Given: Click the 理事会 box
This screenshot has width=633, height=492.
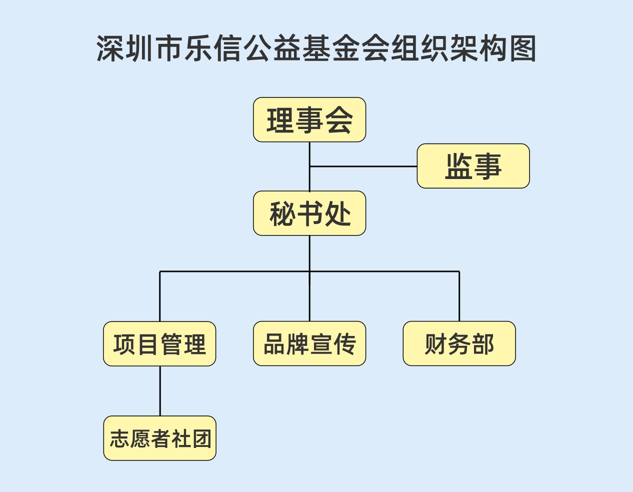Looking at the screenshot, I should (309, 120).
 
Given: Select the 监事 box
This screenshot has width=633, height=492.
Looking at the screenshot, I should (473, 166).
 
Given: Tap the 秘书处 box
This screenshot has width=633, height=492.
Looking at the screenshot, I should (309, 213).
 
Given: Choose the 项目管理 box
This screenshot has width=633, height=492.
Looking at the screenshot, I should (159, 344).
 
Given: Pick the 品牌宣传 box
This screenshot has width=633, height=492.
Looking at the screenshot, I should (309, 344).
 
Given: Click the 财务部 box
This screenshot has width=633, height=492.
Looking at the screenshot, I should (459, 344).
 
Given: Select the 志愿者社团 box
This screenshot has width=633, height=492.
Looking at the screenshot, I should (160, 438).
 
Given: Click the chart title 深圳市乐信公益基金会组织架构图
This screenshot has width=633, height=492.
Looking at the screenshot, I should (316, 48).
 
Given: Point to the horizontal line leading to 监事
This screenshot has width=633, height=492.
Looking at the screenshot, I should (363, 166).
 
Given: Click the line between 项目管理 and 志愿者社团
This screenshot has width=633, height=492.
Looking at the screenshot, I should (160, 391).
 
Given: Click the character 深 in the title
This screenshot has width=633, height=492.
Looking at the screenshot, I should (110, 48).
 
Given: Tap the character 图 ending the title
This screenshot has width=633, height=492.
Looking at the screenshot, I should (522, 48).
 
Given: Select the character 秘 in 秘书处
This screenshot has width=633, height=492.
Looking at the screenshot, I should (281, 214).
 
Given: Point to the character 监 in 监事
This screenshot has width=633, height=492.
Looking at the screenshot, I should (458, 166).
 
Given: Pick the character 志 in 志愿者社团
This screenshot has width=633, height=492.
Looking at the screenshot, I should (120, 439).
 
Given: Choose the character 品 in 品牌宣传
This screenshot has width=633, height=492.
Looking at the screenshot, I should (274, 344).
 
